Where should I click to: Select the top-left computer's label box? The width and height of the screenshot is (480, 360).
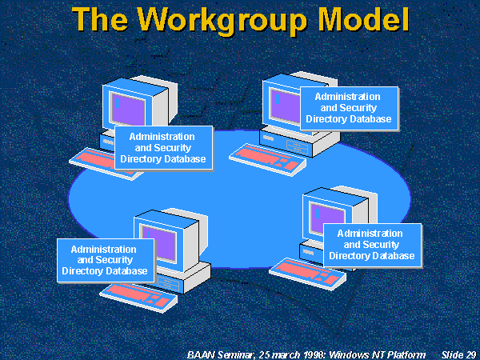[163, 148]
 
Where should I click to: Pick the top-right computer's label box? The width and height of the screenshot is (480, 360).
[348, 108]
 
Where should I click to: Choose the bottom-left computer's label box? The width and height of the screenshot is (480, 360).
[103, 261]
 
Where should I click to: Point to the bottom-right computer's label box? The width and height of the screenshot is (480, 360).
[371, 245]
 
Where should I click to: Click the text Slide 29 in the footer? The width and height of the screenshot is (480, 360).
[459, 354]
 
